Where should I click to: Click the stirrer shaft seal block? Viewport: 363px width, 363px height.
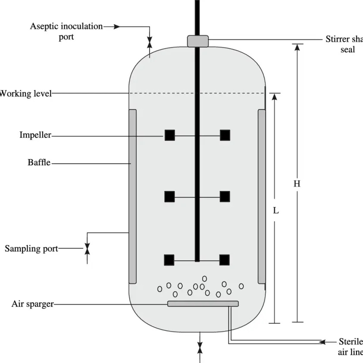click(198, 41)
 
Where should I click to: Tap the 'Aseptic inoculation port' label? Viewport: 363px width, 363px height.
click(66, 31)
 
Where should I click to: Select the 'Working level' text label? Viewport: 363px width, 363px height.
click(25, 93)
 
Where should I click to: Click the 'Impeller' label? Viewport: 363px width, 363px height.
click(35, 135)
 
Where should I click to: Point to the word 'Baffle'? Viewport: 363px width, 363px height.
click(39, 163)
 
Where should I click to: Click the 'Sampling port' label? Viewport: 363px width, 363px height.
click(31, 248)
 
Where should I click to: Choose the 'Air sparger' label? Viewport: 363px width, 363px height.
click(32, 304)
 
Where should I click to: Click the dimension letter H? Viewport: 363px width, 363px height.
click(297, 184)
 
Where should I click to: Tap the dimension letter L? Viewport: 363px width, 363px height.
click(276, 211)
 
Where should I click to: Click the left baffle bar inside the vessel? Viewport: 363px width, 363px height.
click(133, 197)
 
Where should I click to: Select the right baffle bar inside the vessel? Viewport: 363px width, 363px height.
click(262, 197)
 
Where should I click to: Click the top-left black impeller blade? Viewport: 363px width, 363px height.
click(169, 135)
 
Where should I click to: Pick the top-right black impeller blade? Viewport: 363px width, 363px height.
click(225, 135)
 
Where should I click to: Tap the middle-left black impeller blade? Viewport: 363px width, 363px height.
click(169, 197)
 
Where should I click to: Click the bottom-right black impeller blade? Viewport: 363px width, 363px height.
click(224, 260)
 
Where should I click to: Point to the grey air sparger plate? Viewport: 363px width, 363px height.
click(203, 304)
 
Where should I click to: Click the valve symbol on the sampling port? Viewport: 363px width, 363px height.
click(87, 249)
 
